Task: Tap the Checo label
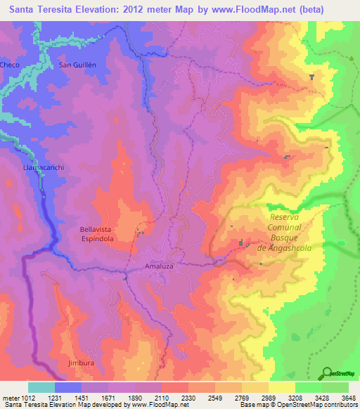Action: tap(10, 65)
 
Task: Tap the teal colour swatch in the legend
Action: tap(41, 387)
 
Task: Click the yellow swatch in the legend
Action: tap(281, 387)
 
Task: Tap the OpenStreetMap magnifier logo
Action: tap(328, 373)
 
